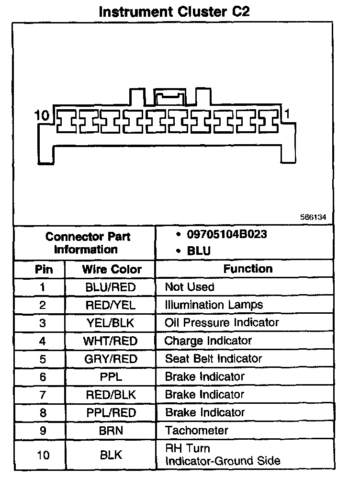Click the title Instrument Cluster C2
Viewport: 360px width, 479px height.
174,11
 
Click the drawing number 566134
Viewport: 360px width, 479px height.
313,217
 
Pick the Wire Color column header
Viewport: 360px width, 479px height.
112,269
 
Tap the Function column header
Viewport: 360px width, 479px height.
247,269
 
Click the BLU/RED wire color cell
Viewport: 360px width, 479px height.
111,287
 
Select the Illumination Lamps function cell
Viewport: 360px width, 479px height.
214,305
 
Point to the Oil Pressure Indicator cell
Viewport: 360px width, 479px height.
221,323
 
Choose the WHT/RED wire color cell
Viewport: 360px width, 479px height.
111,341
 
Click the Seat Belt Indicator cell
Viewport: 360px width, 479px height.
213,359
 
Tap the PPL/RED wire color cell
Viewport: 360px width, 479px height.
111,412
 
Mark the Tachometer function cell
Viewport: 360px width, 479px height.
196,430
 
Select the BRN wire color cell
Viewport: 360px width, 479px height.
111,430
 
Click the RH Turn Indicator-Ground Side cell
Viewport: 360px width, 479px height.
222,455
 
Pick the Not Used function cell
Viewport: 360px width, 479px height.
189,287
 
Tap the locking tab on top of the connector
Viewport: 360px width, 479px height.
169,97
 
